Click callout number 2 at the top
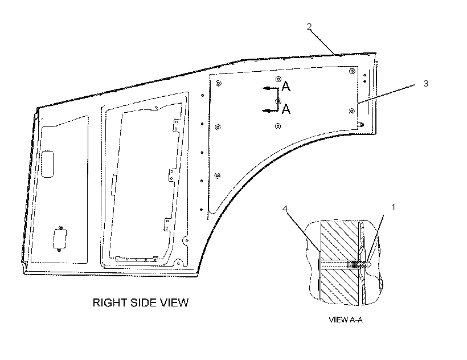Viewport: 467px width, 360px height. click(x=309, y=27)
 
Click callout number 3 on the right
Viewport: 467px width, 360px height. click(x=426, y=83)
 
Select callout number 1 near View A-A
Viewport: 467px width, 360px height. click(x=393, y=207)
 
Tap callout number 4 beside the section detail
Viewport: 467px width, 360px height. click(x=285, y=208)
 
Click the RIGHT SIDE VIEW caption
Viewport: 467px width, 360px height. click(x=141, y=302)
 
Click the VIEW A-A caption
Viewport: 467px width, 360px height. click(x=346, y=320)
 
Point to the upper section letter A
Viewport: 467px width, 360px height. click(x=286, y=87)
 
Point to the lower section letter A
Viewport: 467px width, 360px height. click(x=286, y=109)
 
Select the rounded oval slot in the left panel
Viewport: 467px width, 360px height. click(x=47, y=164)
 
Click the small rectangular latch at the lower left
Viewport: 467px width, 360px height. click(x=60, y=239)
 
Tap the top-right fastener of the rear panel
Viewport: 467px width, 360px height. click(x=353, y=71)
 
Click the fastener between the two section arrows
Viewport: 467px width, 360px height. click(x=278, y=101)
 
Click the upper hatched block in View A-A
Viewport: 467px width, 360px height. click(x=339, y=240)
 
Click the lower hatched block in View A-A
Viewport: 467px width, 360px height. click(x=339, y=287)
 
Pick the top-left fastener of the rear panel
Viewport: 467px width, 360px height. click(x=219, y=83)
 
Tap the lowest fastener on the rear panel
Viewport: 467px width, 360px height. click(x=217, y=175)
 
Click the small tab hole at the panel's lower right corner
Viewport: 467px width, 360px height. click(x=362, y=125)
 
